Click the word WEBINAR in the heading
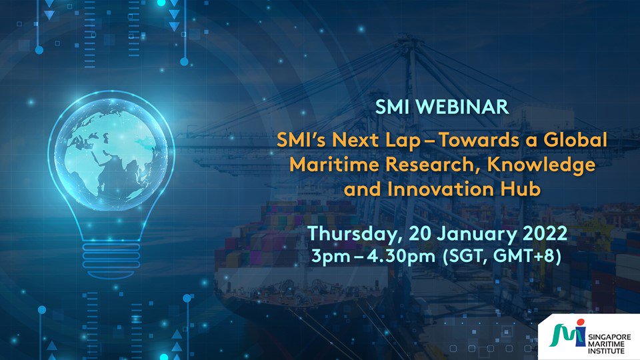click(463, 107)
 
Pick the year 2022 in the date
click(545, 233)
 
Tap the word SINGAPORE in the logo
click(609, 337)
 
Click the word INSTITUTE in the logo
click(606, 351)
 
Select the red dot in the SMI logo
click(581, 323)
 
